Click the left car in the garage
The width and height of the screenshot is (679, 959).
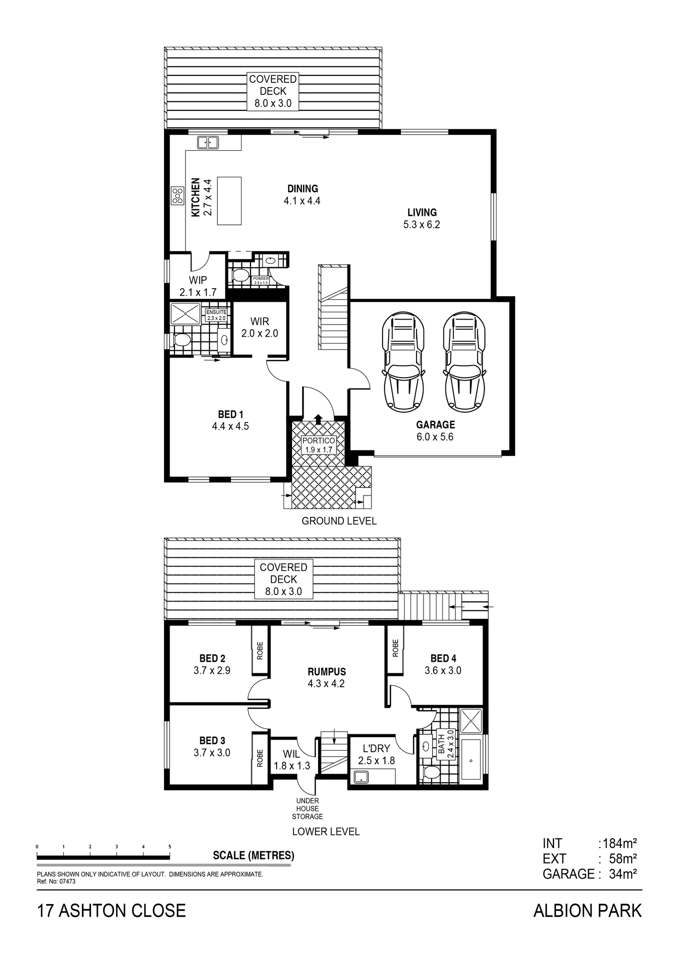point(404,362)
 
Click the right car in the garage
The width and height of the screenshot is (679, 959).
point(464,362)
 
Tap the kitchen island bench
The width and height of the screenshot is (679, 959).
point(229,201)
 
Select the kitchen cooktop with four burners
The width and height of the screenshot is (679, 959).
point(177,195)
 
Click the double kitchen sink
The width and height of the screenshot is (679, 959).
point(207,142)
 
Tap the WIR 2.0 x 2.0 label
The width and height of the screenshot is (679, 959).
point(259,328)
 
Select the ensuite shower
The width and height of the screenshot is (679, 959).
point(185,314)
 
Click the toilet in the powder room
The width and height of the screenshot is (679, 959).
point(240,275)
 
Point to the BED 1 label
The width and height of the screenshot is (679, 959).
point(230,420)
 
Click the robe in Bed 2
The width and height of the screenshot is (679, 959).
point(260,650)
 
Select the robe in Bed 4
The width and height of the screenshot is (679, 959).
point(395,648)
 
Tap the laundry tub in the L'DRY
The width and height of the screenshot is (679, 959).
point(360,777)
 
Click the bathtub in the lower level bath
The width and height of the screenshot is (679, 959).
point(471,760)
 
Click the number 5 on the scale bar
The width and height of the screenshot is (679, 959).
point(169,847)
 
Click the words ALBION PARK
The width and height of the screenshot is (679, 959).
point(587,911)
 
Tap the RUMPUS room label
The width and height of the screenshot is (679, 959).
point(326,678)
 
